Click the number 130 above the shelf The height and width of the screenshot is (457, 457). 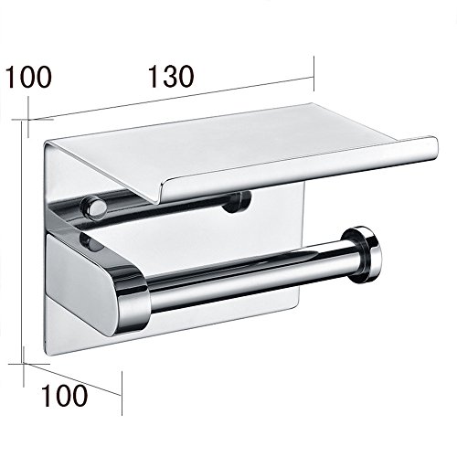171,77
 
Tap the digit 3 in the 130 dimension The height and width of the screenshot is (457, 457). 170,77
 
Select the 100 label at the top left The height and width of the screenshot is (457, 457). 29,77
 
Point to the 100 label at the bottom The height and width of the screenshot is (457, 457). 65,395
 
